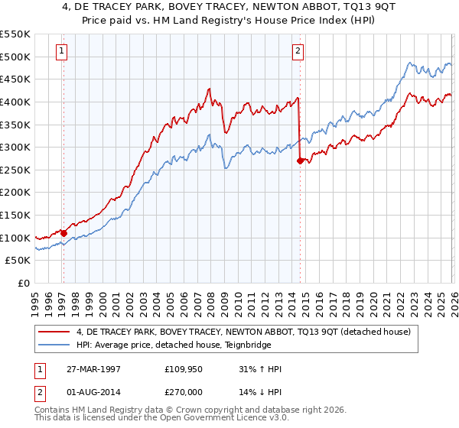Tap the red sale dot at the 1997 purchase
coord(63,233)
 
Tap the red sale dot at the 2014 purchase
coord(299,160)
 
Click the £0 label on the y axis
coord(23,284)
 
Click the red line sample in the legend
coord(54,332)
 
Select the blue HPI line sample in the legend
coord(54,345)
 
